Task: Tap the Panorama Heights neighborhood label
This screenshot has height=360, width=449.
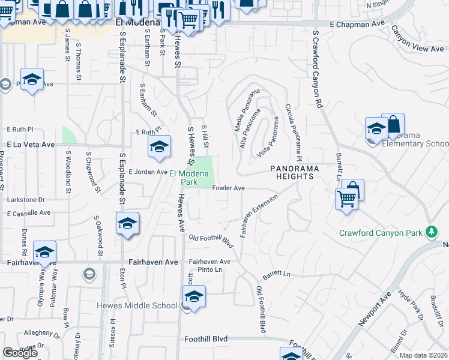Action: click(x=292, y=173)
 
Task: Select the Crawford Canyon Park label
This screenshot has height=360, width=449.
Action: click(x=381, y=233)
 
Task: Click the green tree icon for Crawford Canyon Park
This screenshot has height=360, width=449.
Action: click(x=430, y=232)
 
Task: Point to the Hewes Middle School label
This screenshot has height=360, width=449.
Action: click(x=137, y=305)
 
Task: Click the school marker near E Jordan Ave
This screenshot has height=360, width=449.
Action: click(x=159, y=148)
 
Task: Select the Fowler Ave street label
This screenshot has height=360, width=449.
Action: click(x=228, y=188)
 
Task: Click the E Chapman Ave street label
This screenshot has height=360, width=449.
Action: click(x=357, y=24)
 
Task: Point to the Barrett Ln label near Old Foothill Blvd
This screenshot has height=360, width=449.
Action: click(x=277, y=275)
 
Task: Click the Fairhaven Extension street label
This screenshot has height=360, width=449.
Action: click(x=259, y=215)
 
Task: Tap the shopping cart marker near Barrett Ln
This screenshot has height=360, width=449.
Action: click(x=347, y=198)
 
